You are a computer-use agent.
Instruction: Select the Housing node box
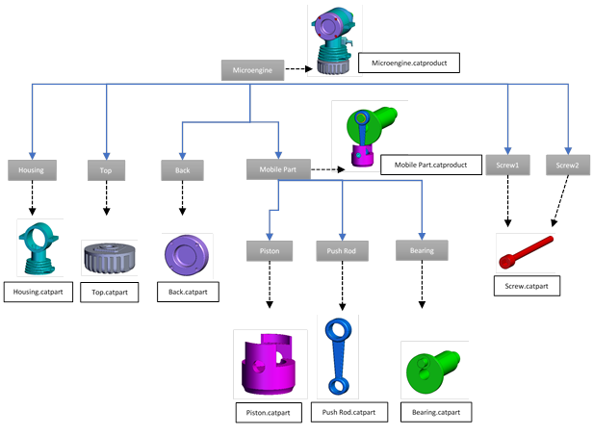pyautogui.click(x=32, y=170)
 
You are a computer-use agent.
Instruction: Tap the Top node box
pyautogui.click(x=106, y=170)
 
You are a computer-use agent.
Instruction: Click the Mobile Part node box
pyautogui.click(x=277, y=170)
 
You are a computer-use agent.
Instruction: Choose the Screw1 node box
pyautogui.click(x=507, y=165)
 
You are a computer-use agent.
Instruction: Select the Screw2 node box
pyautogui.click(x=566, y=165)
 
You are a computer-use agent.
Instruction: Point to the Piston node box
pyautogui.click(x=269, y=250)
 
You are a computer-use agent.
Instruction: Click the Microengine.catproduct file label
pyautogui.click(x=408, y=64)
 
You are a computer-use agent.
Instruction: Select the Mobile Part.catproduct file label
pyautogui.click(x=430, y=166)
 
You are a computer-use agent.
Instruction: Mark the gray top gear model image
pyautogui.click(x=109, y=260)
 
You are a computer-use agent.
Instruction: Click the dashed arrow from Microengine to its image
pyautogui.click(x=296, y=69)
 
